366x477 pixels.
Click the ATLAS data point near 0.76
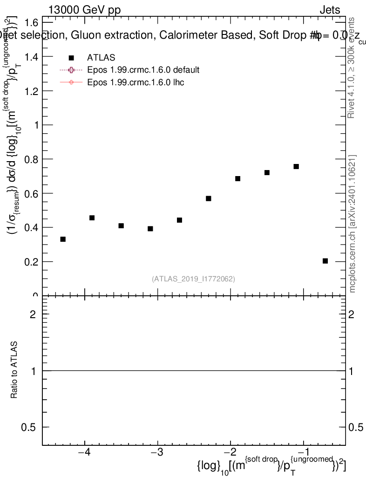click(296, 166)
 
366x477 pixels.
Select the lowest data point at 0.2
click(325, 261)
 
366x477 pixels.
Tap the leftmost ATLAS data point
click(63, 239)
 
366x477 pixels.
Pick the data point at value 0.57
click(209, 198)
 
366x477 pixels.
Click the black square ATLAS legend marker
click(71, 57)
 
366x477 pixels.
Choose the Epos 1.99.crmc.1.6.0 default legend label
click(143, 70)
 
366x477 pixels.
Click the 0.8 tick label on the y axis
click(32, 159)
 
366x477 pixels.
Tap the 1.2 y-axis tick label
click(32, 91)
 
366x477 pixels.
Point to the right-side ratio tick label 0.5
click(356, 428)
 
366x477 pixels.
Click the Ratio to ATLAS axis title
click(14, 370)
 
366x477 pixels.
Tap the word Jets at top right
click(330, 10)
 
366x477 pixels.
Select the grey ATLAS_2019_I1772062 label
click(193, 279)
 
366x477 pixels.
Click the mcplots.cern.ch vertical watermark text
click(353, 224)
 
